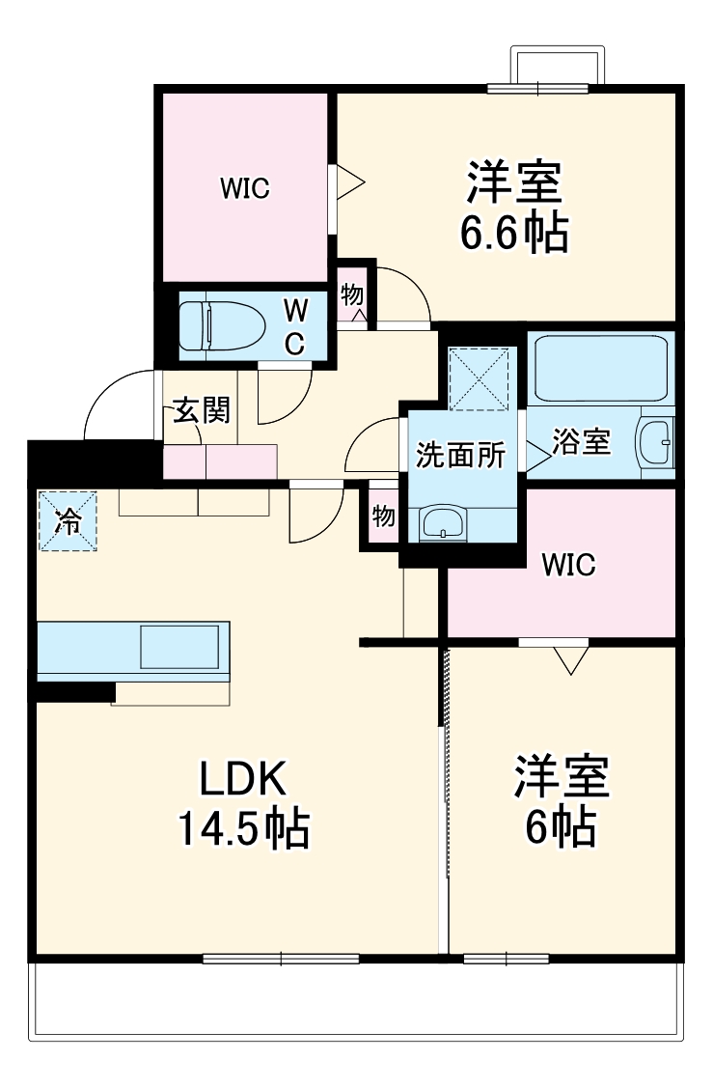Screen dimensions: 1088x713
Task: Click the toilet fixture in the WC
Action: [222, 325]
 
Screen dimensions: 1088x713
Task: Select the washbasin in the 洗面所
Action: [443, 523]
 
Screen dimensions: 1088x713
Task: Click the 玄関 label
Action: [202, 411]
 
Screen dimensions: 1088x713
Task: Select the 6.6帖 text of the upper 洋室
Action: [513, 233]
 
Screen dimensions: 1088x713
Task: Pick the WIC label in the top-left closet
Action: [244, 188]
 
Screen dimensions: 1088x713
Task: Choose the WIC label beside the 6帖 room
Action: [567, 565]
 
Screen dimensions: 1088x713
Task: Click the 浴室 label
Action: [581, 442]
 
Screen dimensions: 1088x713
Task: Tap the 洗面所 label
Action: [460, 455]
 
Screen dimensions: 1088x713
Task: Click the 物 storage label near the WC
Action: [352, 294]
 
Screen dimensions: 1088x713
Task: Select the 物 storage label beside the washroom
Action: [384, 516]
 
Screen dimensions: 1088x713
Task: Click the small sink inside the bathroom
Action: [657, 442]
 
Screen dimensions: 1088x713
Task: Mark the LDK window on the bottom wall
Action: [281, 959]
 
